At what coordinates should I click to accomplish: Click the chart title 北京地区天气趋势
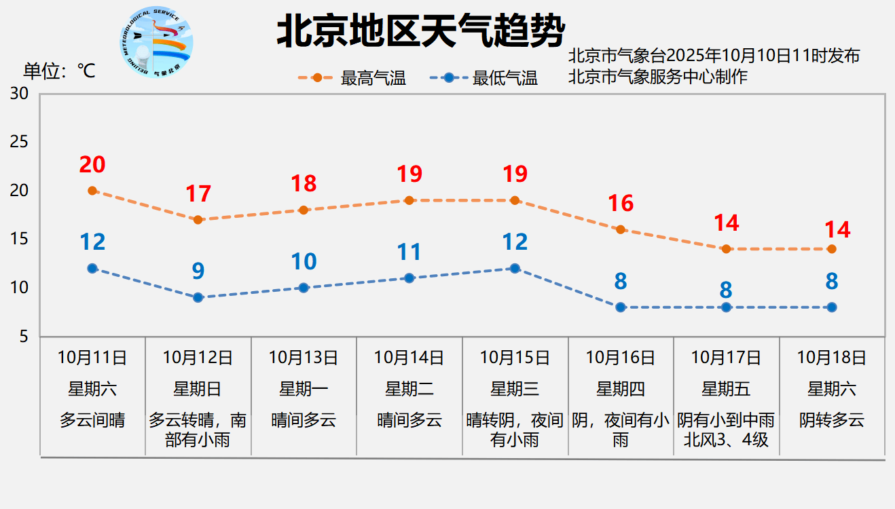[x=421, y=31]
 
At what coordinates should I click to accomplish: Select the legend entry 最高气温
[x=373, y=78]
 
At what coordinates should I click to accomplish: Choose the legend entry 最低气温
[x=505, y=78]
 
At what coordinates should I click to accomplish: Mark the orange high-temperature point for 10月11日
[x=92, y=191]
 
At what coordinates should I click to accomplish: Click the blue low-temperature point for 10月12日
[x=198, y=297]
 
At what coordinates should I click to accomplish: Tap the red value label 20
[x=92, y=164]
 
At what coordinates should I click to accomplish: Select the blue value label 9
[x=198, y=271]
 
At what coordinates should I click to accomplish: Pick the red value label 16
[x=621, y=203]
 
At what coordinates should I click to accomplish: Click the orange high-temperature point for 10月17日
[x=726, y=249]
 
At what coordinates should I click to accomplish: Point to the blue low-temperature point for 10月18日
[x=832, y=307]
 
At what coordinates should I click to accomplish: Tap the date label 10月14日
[x=409, y=357]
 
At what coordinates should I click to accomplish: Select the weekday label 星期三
[x=515, y=389]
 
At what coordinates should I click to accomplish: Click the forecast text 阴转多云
[x=832, y=420]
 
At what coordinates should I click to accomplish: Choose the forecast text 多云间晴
[x=92, y=420]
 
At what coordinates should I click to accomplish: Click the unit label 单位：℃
[x=60, y=70]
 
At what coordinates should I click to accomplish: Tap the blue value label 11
[x=409, y=252]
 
